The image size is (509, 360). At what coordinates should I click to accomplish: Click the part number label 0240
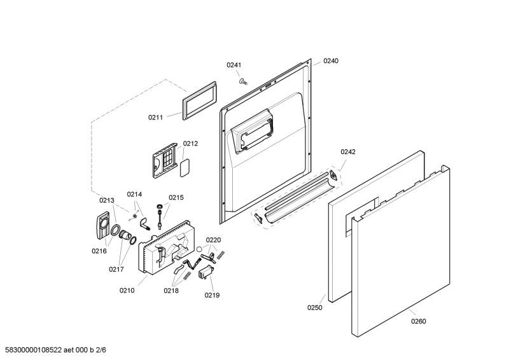pyautogui.click(x=331, y=61)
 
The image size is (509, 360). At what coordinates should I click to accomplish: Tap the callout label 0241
pyautogui.click(x=235, y=65)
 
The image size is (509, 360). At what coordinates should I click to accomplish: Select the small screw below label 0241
pyautogui.click(x=243, y=81)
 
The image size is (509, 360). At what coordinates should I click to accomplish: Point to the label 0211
pyautogui.click(x=156, y=117)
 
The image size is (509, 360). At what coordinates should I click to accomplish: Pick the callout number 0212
pyautogui.click(x=190, y=144)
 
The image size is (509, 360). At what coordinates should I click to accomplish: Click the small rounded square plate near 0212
pyautogui.click(x=185, y=167)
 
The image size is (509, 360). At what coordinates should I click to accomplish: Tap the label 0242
pyautogui.click(x=348, y=151)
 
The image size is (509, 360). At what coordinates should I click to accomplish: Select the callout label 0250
pyautogui.click(x=315, y=307)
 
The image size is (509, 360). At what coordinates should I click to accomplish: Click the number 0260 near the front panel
pyautogui.click(x=418, y=321)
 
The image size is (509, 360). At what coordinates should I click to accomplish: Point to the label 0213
pyautogui.click(x=106, y=200)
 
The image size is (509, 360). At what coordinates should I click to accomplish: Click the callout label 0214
pyautogui.click(x=134, y=194)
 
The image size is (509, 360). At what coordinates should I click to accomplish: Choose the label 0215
pyautogui.click(x=176, y=197)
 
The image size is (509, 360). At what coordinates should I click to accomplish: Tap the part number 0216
pyautogui.click(x=99, y=251)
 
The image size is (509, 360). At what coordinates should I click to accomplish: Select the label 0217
pyautogui.click(x=116, y=269)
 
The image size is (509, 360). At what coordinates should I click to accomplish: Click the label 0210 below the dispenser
pyautogui.click(x=127, y=291)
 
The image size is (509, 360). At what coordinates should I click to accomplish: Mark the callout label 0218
pyautogui.click(x=171, y=291)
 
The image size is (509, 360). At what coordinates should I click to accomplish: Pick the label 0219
pyautogui.click(x=212, y=295)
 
